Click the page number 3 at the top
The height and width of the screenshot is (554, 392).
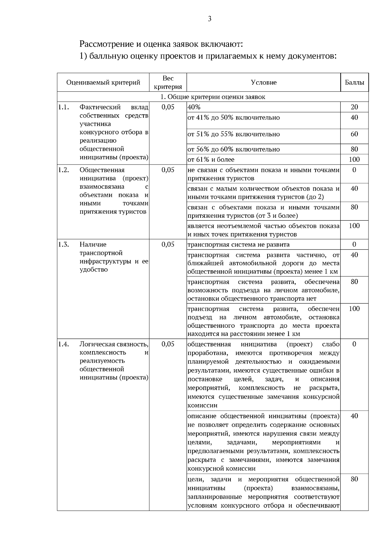(x=209, y=19)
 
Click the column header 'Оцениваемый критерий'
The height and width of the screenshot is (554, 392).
(x=103, y=83)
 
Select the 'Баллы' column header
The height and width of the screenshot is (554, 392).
(x=354, y=83)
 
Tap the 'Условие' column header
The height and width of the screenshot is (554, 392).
(x=264, y=83)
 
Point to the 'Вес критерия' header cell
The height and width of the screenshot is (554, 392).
(x=168, y=83)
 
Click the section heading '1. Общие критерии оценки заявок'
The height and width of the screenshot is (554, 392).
(x=213, y=97)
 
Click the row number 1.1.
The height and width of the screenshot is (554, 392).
(x=63, y=107)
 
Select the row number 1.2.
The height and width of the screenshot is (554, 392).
(x=63, y=170)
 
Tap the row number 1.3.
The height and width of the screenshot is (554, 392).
(x=63, y=245)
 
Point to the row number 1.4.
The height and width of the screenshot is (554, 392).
(x=63, y=344)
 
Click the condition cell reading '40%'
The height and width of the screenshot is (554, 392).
(x=194, y=107)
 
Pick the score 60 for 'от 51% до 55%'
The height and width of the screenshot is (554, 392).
(x=354, y=134)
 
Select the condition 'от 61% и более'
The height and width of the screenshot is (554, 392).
(x=211, y=160)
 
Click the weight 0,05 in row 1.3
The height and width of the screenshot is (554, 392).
(x=168, y=245)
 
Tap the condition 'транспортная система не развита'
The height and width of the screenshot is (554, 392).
(x=238, y=245)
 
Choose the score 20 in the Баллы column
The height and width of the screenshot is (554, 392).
(x=354, y=107)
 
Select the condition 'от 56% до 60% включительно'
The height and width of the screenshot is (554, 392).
(x=234, y=149)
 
